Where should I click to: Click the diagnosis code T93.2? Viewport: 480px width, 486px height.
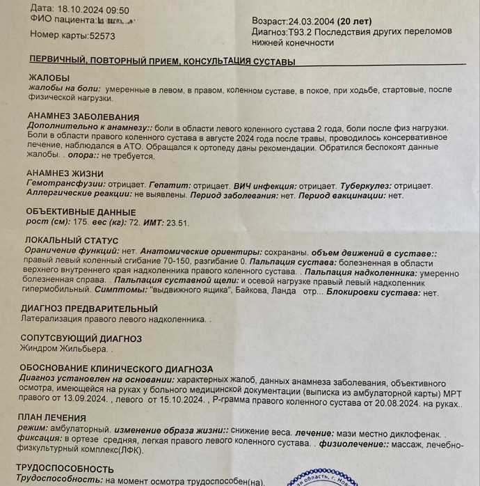tap(299, 32)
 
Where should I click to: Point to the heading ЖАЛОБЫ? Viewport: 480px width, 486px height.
tap(49, 77)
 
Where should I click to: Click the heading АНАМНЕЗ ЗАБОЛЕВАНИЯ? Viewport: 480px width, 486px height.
tap(83, 117)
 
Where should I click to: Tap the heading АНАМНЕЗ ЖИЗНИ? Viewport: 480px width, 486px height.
tap(65, 173)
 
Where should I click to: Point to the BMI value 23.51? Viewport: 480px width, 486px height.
tap(175, 223)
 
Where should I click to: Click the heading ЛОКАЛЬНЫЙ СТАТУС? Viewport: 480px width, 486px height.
tap(73, 240)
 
